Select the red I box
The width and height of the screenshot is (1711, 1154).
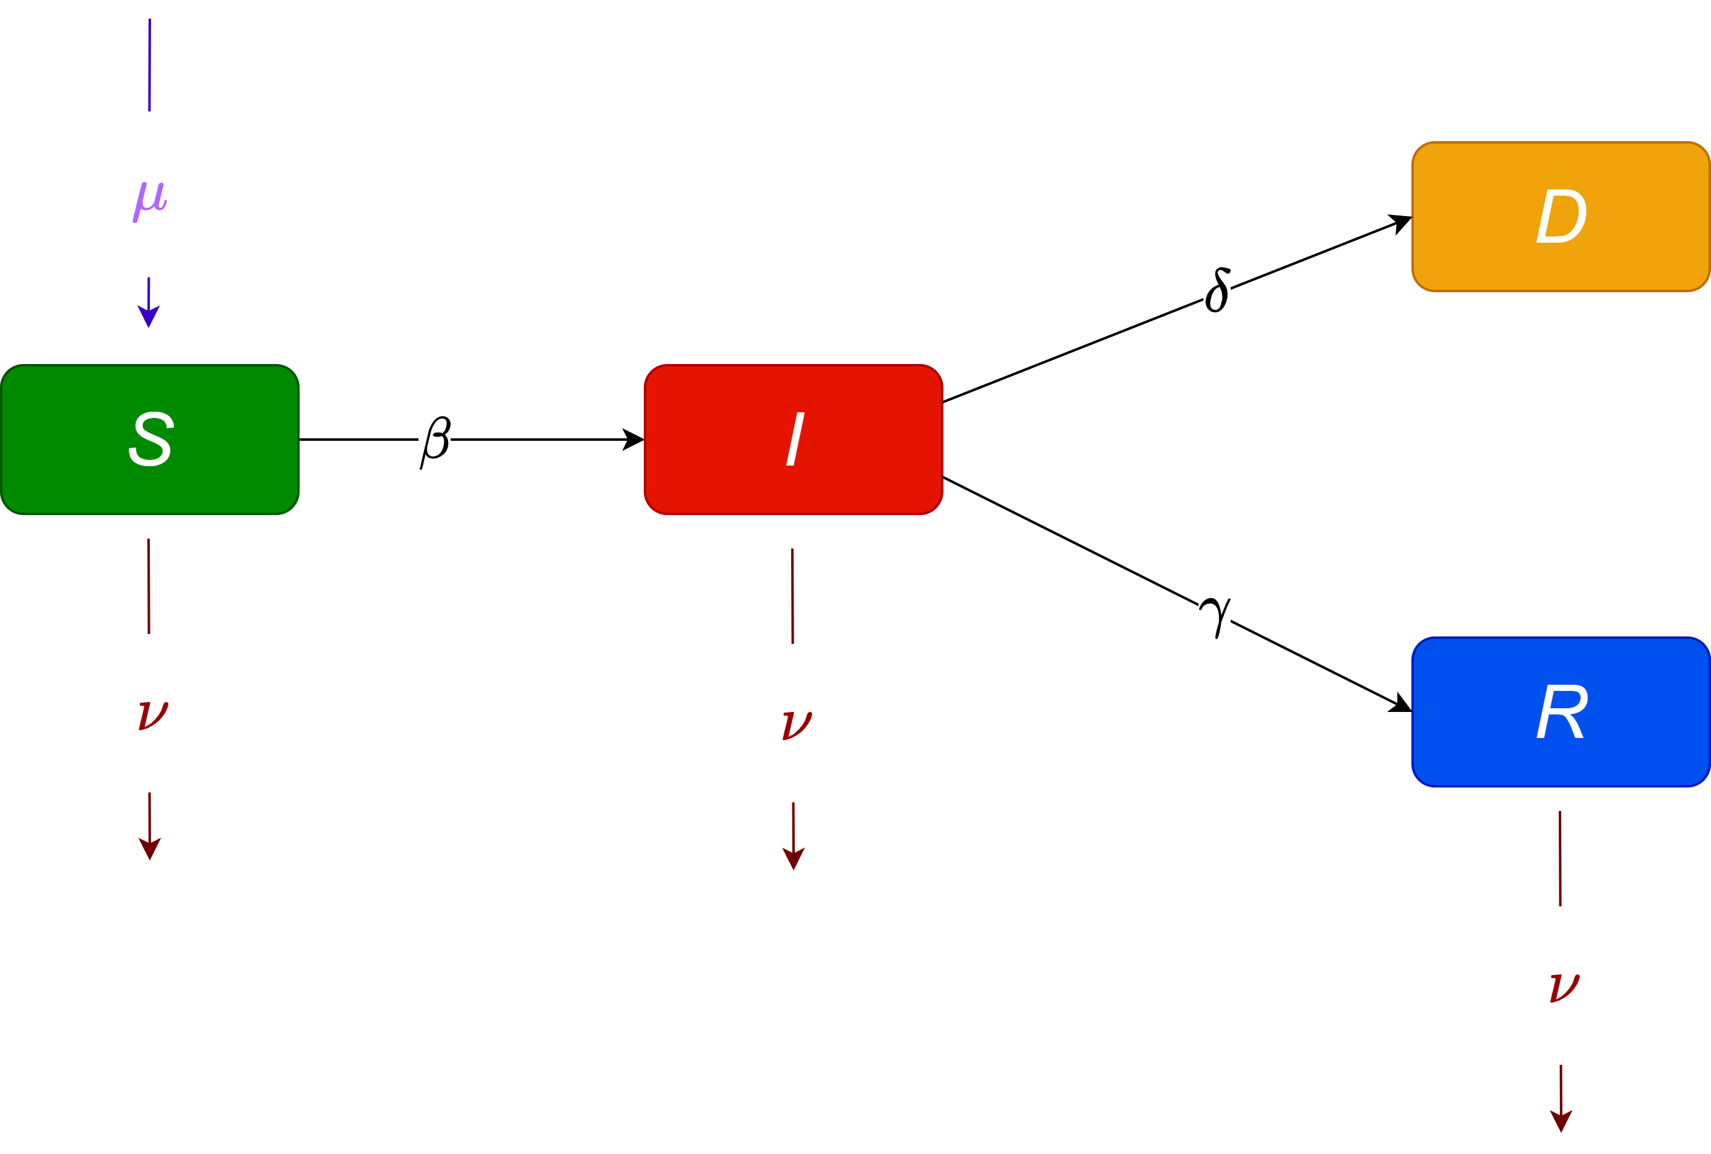(736, 471)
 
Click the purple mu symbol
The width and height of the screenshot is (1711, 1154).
(149, 201)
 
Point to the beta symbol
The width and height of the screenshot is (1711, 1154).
(435, 441)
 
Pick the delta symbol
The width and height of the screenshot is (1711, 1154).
(1216, 290)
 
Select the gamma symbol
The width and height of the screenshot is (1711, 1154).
(1215, 617)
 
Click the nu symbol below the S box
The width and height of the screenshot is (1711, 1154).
(153, 715)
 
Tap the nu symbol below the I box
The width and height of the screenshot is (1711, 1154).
(797, 725)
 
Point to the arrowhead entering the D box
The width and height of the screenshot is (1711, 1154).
(1400, 222)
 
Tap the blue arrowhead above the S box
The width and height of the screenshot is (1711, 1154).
(149, 316)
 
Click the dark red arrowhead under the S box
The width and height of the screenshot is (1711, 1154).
(149, 848)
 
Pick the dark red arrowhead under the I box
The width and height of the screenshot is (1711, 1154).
(794, 858)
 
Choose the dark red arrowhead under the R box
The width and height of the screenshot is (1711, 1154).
(1561, 1120)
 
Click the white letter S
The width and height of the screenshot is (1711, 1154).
(151, 439)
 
